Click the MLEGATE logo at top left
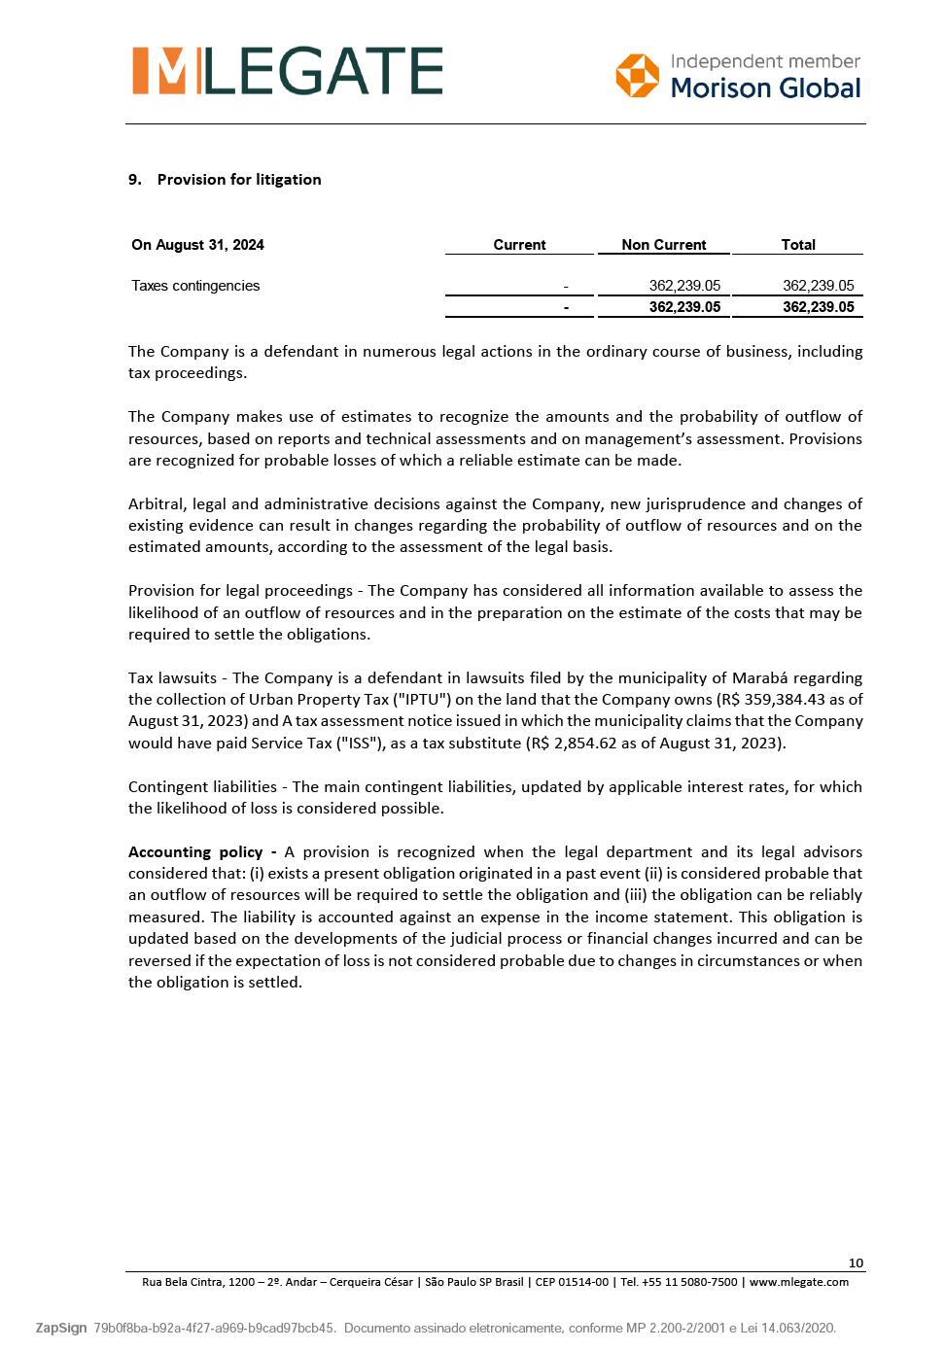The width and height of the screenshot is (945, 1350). pyautogui.click(x=288, y=71)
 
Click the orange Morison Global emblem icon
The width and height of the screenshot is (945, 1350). pyautogui.click(x=637, y=76)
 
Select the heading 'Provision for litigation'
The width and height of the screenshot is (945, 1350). pyautogui.click(x=239, y=180)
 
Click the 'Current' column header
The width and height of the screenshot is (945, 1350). pyautogui.click(x=519, y=245)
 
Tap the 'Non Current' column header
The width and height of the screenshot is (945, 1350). pyautogui.click(x=664, y=245)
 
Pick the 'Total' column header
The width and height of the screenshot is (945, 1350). pyautogui.click(x=798, y=245)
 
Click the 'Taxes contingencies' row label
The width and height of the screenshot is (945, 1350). pyautogui.click(x=195, y=286)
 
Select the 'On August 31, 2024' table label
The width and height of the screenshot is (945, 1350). pyautogui.click(x=197, y=245)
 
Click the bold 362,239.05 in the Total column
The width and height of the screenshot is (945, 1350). pyautogui.click(x=818, y=307)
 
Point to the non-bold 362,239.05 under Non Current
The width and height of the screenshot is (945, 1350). pyautogui.click(x=684, y=286)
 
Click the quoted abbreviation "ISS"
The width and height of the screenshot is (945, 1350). pyautogui.click(x=359, y=744)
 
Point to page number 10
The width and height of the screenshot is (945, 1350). pyautogui.click(x=856, y=1263)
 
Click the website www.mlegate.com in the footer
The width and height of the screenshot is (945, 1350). pyautogui.click(x=798, y=1282)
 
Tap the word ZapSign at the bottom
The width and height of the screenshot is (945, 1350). pyautogui.click(x=61, y=1328)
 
